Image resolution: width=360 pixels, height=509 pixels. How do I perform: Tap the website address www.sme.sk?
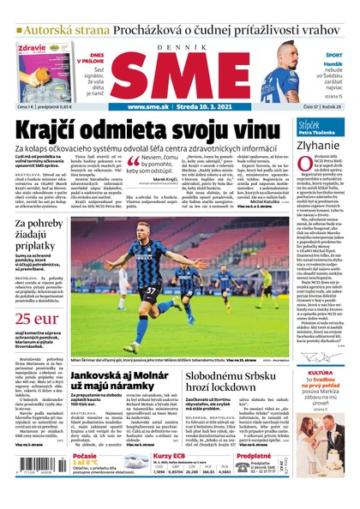[x=151, y=107]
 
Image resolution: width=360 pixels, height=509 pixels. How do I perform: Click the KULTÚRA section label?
[x=321, y=374]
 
